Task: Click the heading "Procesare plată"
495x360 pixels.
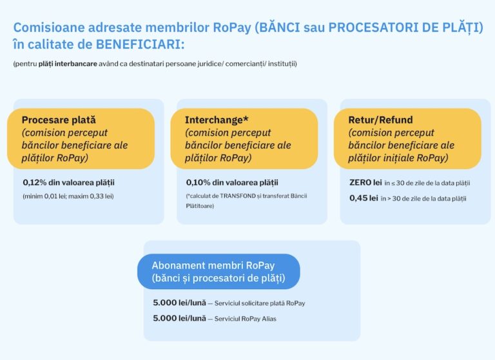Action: coord(59,119)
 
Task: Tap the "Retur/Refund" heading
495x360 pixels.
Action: coord(380,119)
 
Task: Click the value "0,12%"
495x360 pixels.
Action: coord(35,183)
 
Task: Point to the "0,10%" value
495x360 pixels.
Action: coord(198,183)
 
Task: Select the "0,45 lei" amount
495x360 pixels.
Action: coord(364,198)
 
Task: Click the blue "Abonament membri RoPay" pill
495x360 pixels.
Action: coord(218,272)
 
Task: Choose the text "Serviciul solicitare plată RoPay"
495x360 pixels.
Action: coord(260,303)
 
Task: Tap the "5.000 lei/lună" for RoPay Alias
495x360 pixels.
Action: coord(179,318)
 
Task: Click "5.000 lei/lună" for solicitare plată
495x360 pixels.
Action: coord(179,303)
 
